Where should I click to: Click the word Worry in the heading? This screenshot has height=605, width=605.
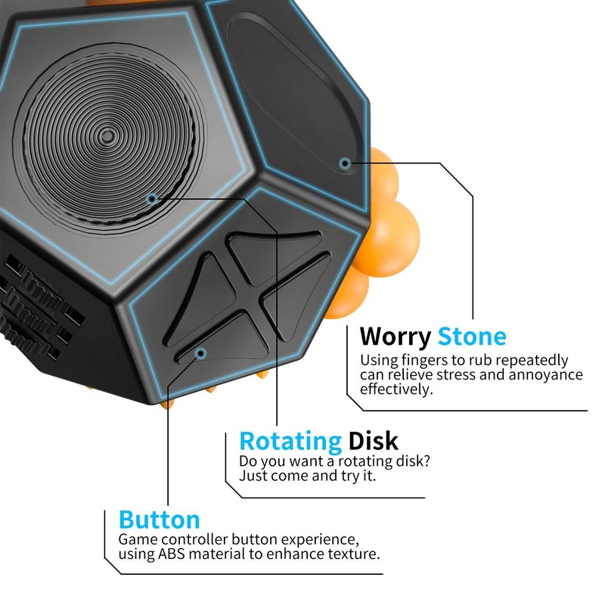click(x=395, y=337)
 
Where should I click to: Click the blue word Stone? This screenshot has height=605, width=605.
click(x=472, y=337)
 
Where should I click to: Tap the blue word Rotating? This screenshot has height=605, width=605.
click(x=290, y=442)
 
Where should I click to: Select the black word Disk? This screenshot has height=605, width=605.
click(x=373, y=441)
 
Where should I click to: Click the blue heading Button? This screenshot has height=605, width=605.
click(x=160, y=520)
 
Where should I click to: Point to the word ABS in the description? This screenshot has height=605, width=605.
click(x=172, y=554)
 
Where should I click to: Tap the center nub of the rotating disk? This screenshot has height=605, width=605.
click(x=107, y=136)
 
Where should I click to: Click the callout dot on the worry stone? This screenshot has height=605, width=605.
click(x=345, y=163)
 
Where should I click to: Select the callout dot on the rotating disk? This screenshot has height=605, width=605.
click(x=153, y=199)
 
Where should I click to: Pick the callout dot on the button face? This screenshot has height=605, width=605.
click(x=200, y=353)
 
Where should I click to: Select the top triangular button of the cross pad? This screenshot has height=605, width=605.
click(x=273, y=256)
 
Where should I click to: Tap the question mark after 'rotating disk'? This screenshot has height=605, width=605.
click(x=426, y=461)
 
